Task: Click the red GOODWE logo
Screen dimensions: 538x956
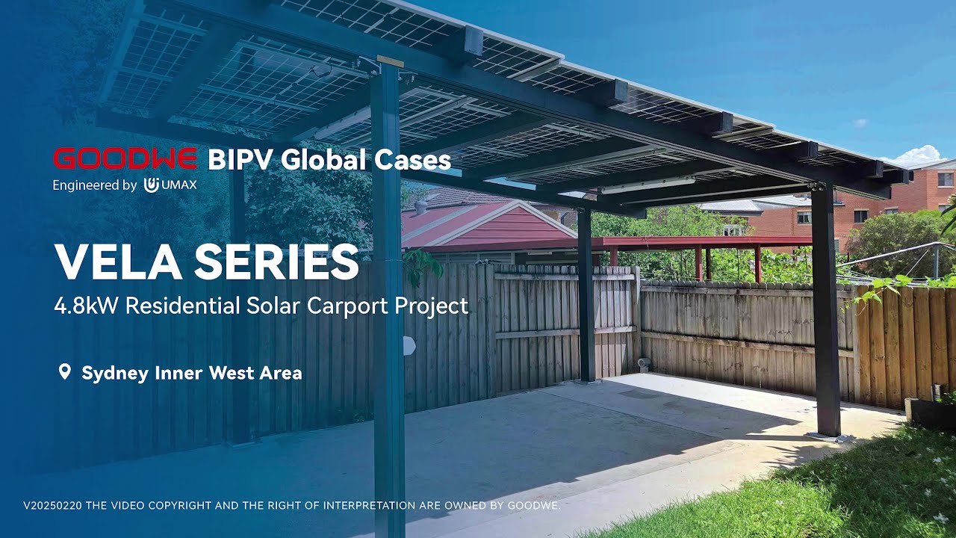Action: click(125, 158)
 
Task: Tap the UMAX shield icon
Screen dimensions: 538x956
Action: click(152, 185)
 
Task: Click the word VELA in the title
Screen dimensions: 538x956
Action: click(118, 262)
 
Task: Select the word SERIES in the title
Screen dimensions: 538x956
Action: click(276, 262)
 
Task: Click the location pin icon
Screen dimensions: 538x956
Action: click(64, 371)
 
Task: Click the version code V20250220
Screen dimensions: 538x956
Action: click(53, 506)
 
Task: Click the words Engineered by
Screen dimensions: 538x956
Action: click(94, 185)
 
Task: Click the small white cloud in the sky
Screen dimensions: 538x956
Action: click(860, 122)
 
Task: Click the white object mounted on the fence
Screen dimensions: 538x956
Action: click(409, 346)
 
